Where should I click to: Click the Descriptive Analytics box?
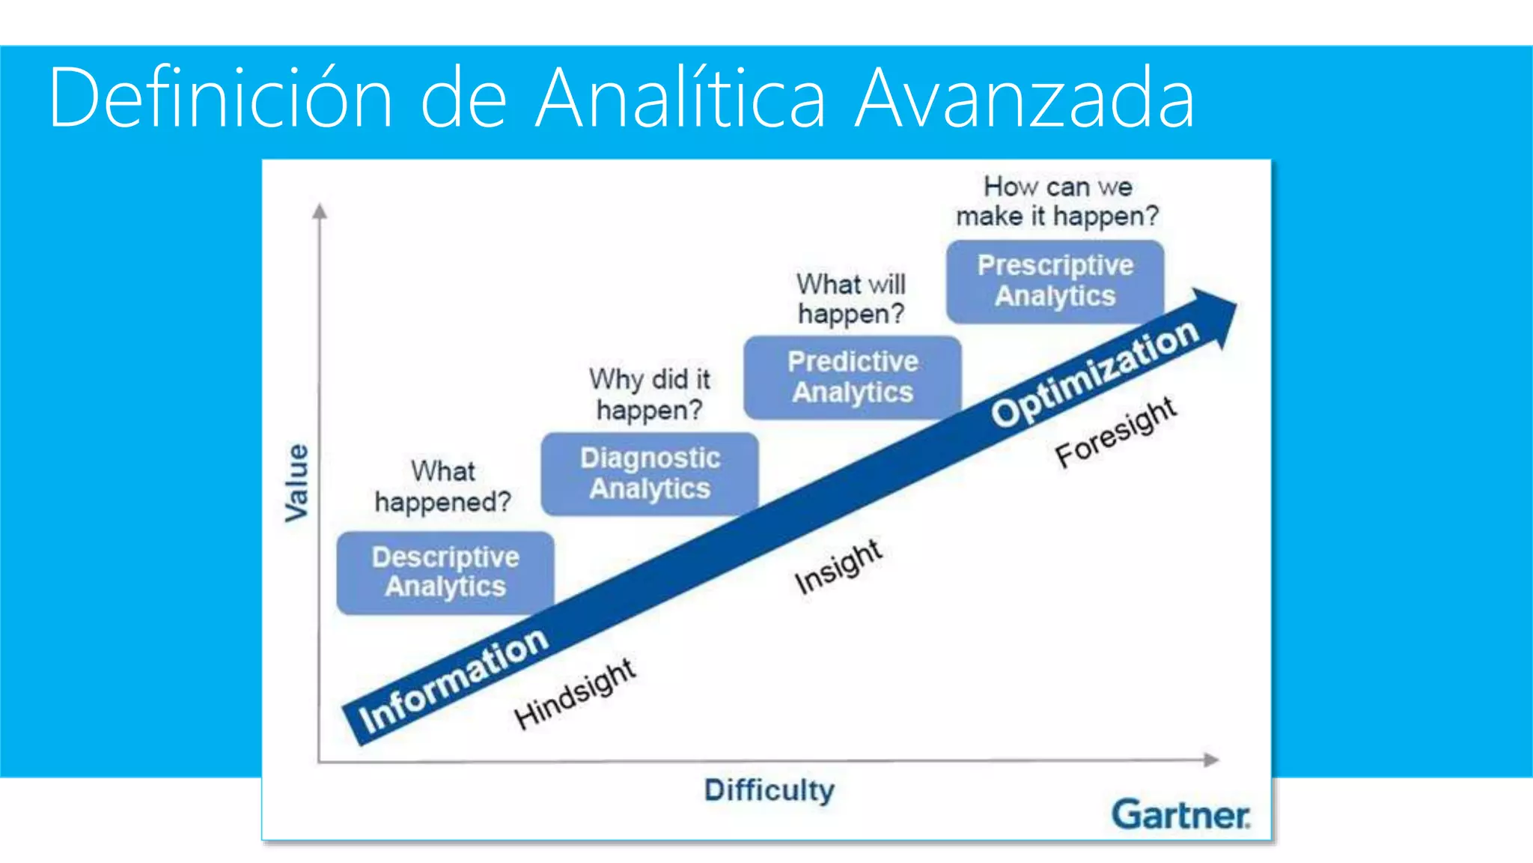(x=445, y=573)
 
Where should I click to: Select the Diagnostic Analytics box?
(x=650, y=473)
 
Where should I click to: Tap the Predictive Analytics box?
(x=853, y=377)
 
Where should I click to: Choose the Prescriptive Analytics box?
(x=1055, y=281)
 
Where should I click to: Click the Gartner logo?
(x=1180, y=814)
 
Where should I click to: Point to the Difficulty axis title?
(x=769, y=790)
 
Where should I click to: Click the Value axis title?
(x=297, y=482)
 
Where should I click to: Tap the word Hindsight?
(x=575, y=694)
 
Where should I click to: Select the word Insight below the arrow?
(x=838, y=566)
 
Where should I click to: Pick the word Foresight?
(x=1115, y=431)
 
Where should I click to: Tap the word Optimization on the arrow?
(x=1095, y=372)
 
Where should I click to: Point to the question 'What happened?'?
(x=442, y=486)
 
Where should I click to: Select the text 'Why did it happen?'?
(x=649, y=394)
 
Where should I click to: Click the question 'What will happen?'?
(x=851, y=298)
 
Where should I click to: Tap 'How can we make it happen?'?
(x=1057, y=201)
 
